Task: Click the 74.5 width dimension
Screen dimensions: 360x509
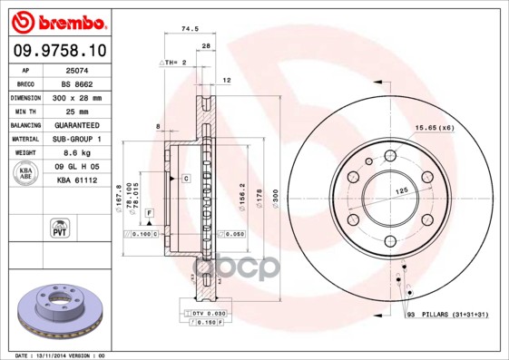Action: [191, 30]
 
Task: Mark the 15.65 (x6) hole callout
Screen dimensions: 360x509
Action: [435, 127]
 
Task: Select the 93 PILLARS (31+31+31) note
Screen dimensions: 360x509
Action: [446, 313]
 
